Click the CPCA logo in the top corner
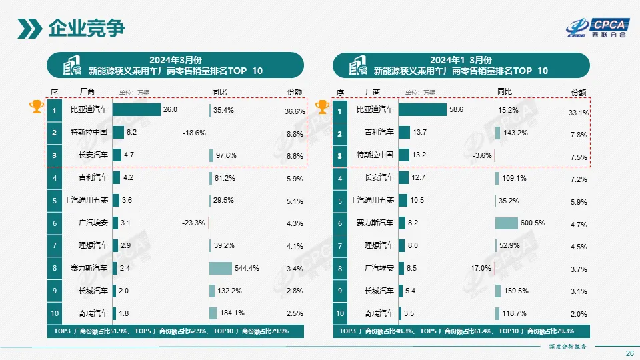(596, 26)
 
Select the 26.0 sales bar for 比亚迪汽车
(137, 110)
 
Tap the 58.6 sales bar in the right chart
(423, 110)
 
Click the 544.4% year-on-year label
(247, 269)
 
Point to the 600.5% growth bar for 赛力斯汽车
(506, 223)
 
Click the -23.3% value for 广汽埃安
(193, 223)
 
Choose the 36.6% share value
(295, 111)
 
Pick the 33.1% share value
(579, 113)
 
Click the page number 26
(629, 353)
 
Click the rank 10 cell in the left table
(55, 313)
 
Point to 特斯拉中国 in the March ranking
(89, 133)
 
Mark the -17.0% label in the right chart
(479, 269)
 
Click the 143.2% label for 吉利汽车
(515, 133)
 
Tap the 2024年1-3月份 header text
(461, 59)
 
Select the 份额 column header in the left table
(294, 92)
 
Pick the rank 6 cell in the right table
(340, 223)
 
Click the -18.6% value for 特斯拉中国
(193, 133)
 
